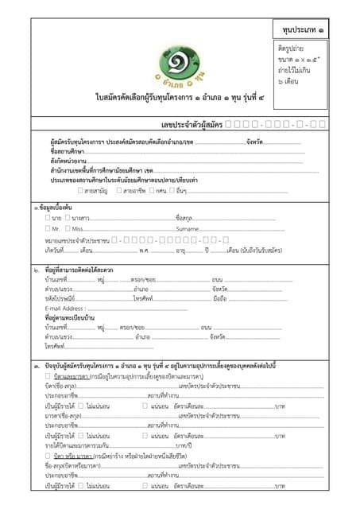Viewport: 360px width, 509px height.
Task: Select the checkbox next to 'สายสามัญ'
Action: point(80,190)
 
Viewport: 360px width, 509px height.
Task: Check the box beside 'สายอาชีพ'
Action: point(118,190)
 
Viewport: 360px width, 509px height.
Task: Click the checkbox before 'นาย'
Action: point(48,217)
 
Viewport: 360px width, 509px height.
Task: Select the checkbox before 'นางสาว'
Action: point(68,217)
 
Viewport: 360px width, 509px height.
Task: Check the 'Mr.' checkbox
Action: point(48,228)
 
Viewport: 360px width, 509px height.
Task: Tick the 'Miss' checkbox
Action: point(68,228)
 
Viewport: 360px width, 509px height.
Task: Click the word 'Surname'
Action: point(188,228)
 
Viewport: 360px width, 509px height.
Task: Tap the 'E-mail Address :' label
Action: point(65,308)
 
